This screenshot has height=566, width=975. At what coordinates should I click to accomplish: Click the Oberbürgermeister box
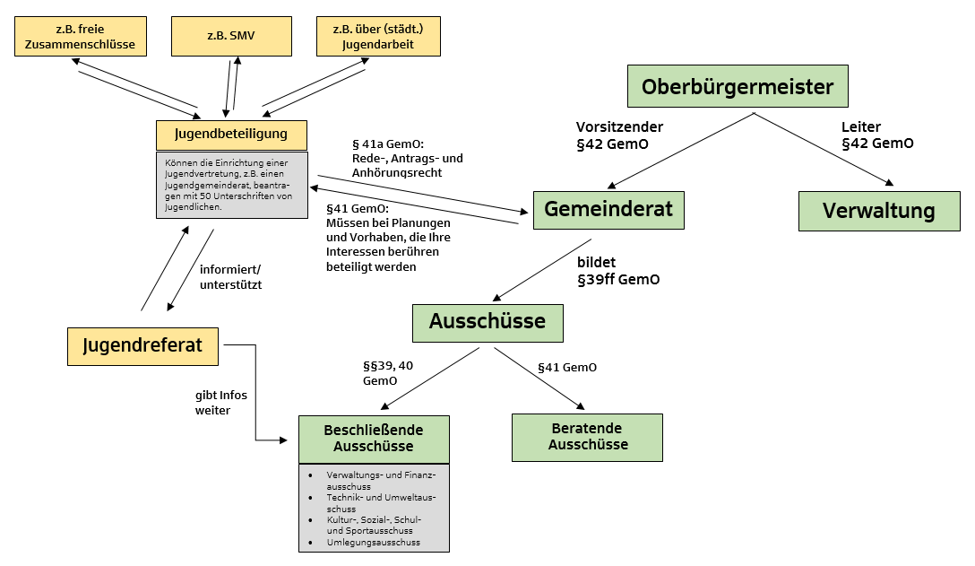(737, 87)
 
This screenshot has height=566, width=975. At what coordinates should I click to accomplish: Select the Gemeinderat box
(608, 211)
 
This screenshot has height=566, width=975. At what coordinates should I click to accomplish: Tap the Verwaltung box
(878, 211)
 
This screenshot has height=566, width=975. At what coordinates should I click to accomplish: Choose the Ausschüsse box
(487, 322)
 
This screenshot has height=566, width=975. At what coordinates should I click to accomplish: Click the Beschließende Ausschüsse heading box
(373, 439)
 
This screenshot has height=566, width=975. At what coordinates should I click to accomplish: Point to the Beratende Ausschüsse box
(587, 437)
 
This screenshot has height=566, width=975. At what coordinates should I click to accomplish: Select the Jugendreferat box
(142, 345)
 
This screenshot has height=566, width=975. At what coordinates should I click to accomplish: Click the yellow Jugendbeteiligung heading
(231, 135)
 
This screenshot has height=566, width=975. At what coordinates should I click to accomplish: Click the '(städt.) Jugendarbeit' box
(377, 36)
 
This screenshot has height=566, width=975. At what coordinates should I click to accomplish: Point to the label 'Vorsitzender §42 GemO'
(619, 135)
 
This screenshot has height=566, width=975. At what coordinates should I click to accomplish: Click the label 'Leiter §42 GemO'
(876, 135)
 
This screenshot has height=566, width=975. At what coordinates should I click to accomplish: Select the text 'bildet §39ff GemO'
(617, 270)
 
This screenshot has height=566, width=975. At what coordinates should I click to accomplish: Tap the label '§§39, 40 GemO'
(387, 373)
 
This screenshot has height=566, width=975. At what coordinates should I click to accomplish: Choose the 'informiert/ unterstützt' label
(229, 276)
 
